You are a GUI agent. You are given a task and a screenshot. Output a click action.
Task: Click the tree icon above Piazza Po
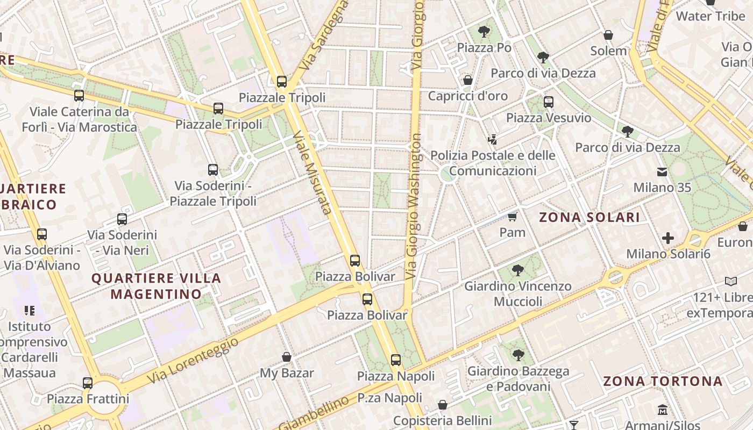tap(484, 31)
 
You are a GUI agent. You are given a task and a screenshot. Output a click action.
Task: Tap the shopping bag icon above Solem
tap(608, 35)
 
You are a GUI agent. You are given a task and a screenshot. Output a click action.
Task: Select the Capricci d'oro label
tap(467, 96)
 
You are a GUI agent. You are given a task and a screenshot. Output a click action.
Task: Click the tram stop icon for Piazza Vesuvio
tap(549, 102)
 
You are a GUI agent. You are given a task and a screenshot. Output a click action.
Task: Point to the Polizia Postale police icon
tap(492, 140)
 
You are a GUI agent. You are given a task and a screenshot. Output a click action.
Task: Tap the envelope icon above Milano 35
tap(662, 172)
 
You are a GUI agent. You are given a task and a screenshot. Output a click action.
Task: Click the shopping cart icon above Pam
tap(513, 217)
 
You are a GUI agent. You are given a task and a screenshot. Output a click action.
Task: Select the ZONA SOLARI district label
tap(589, 217)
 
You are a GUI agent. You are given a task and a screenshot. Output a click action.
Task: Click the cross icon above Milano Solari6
tap(668, 238)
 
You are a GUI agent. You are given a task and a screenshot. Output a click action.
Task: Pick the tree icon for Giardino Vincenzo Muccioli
tap(518, 270)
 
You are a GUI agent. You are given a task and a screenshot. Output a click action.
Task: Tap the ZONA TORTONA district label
tap(663, 381)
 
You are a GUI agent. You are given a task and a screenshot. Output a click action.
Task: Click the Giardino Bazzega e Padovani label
tap(518, 379)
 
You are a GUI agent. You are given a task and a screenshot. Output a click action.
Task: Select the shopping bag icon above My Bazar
tap(287, 357)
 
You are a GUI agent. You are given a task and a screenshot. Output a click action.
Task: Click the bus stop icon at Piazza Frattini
tap(88, 383)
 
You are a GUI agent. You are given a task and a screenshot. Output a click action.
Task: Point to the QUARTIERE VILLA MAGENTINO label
tap(157, 286)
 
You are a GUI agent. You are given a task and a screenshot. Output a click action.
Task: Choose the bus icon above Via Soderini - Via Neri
tap(122, 219)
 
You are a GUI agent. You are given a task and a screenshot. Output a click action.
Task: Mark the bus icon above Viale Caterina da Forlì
tap(79, 96)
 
